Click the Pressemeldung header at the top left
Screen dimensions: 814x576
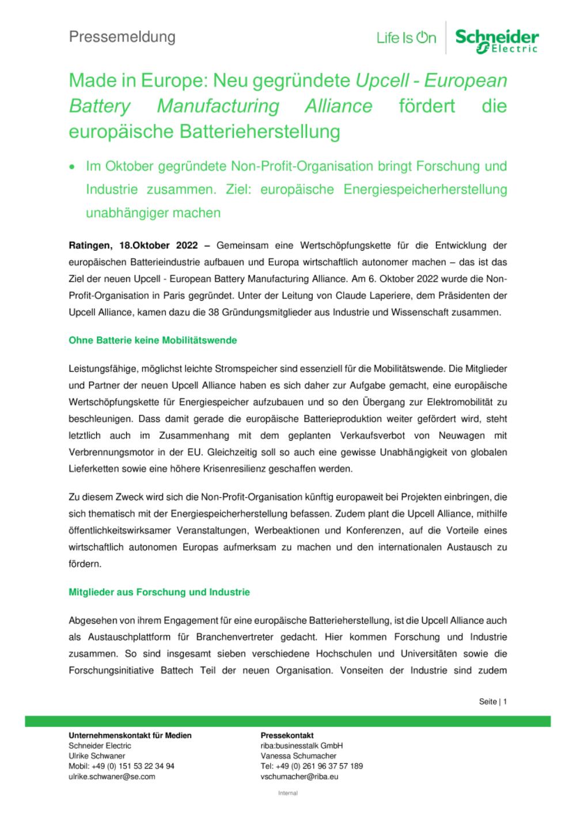tap(122, 37)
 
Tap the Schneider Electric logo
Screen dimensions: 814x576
tap(497, 40)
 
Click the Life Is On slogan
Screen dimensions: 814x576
tap(406, 39)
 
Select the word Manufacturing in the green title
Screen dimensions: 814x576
tap(218, 107)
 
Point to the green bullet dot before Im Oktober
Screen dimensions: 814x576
tap(72, 168)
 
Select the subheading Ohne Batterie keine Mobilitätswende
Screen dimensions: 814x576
tap(153, 340)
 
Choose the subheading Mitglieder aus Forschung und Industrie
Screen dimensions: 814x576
tap(159, 592)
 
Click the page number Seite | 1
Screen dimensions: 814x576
tap(492, 702)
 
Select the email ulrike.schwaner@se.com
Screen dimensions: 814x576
tap(112, 777)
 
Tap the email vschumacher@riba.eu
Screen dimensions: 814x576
tap(299, 777)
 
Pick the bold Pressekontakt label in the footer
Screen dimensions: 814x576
tap(287, 735)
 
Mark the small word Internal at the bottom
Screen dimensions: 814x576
tap(287, 793)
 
